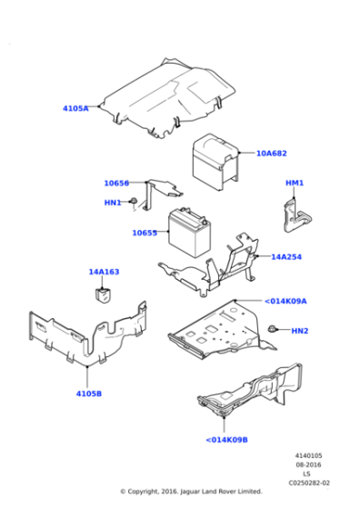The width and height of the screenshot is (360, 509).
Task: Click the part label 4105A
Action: point(75,108)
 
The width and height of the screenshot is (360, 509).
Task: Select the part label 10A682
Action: point(271,154)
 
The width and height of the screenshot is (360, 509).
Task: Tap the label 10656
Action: point(116,183)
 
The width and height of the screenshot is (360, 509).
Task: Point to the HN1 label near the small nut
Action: point(112,203)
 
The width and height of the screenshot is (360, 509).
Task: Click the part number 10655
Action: point(145,233)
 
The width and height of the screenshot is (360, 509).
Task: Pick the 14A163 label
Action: point(104,272)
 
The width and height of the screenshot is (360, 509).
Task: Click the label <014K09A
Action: point(285,301)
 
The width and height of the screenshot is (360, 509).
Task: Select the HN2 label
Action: point(300,331)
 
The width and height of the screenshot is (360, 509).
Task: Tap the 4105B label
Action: point(88,394)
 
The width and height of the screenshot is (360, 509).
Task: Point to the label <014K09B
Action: point(225,440)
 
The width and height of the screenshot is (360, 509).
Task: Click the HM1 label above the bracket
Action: point(295,184)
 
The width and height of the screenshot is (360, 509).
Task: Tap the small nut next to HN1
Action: point(134,201)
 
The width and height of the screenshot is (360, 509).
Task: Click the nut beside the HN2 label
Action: point(273,327)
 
